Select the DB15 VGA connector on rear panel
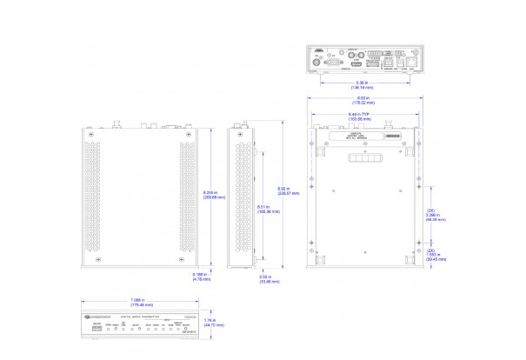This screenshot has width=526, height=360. [x=331, y=63]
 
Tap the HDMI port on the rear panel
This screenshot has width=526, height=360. [x=356, y=63]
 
